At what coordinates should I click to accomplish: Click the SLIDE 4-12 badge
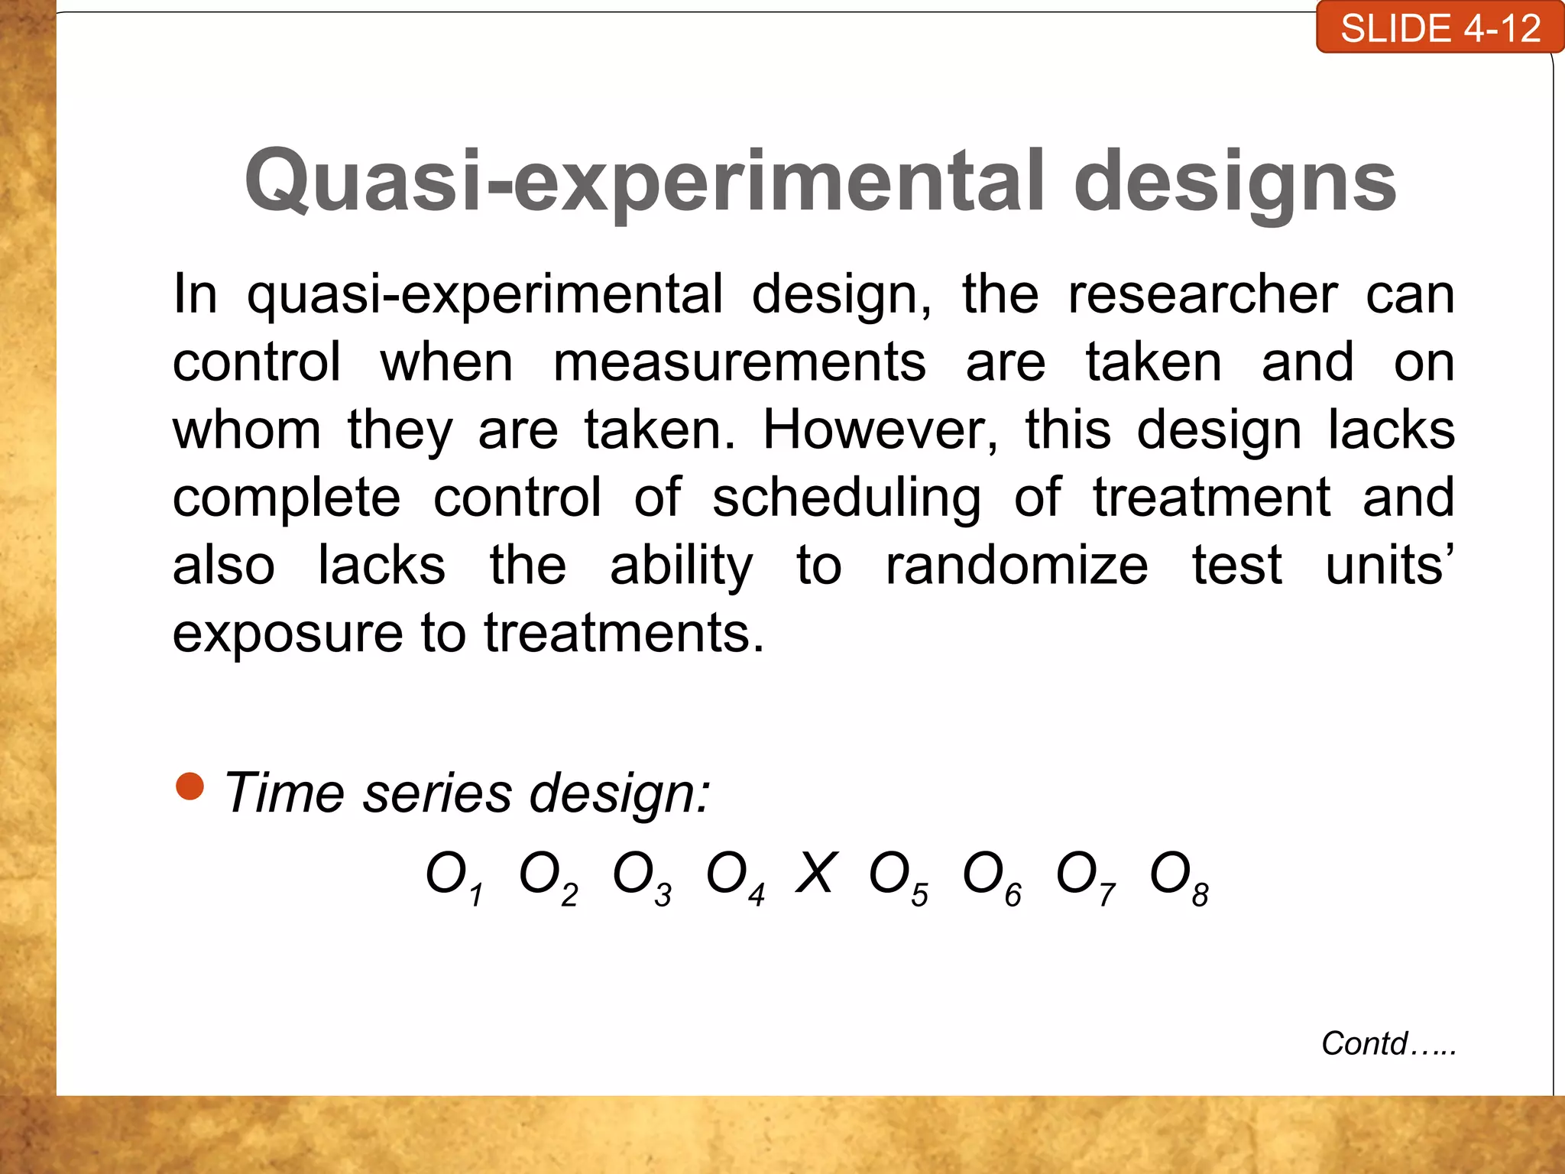pyautogui.click(x=1440, y=28)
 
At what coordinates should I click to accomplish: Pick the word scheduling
pyautogui.click(x=847, y=498)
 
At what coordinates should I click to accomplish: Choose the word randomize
pyautogui.click(x=1016, y=566)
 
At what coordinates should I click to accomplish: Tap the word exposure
pyautogui.click(x=287, y=634)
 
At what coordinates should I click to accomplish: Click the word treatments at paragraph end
pyautogui.click(x=624, y=633)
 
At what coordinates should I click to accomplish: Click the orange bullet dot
pyautogui.click(x=190, y=786)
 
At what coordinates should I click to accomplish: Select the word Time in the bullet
pyautogui.click(x=284, y=793)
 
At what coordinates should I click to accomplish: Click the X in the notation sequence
pyautogui.click(x=816, y=873)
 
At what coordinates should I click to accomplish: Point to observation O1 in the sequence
pyautogui.click(x=454, y=877)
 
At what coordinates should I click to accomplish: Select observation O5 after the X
pyautogui.click(x=898, y=877)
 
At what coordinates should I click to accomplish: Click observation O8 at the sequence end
pyautogui.click(x=1179, y=877)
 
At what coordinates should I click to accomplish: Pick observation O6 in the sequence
pyautogui.click(x=992, y=877)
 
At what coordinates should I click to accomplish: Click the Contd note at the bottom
pyautogui.click(x=1388, y=1043)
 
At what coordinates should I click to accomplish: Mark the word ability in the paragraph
pyautogui.click(x=682, y=567)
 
